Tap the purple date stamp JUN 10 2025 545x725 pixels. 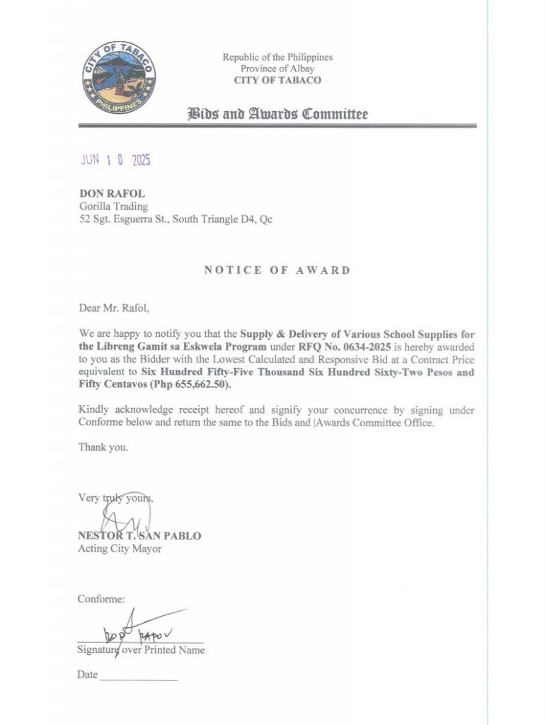coord(115,160)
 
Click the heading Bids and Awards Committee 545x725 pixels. coord(277,113)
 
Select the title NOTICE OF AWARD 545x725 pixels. coord(277,270)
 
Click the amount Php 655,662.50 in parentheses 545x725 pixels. coord(173,386)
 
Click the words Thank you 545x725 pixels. coord(103,447)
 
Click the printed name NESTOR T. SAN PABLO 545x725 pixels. coord(139,536)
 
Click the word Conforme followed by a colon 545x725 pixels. coord(101,599)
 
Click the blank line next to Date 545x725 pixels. coord(139,678)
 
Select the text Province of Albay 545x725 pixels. coord(277,69)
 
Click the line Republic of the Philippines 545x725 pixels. coord(277,57)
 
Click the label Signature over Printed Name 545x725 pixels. coord(141,650)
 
